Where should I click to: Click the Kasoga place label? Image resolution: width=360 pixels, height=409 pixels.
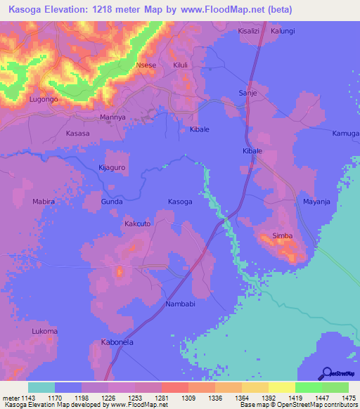click(180, 202)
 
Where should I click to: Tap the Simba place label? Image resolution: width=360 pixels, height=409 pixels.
click(282, 237)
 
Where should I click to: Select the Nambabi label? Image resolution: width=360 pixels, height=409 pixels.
click(184, 304)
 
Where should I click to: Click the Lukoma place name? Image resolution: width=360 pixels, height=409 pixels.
click(44, 330)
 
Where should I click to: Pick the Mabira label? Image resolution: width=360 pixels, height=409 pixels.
click(44, 202)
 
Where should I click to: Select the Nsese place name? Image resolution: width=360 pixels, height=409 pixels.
click(146, 65)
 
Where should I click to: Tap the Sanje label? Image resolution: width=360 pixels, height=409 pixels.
click(248, 93)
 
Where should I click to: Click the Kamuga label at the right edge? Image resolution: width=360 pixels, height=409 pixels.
click(346, 134)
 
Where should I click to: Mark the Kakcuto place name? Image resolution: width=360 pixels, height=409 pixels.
click(138, 223)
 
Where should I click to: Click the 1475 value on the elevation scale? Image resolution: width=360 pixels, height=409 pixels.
click(349, 398)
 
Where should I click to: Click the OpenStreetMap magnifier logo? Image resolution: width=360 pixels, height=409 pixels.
click(325, 372)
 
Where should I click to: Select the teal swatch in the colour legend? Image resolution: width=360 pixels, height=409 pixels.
click(41, 387)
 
